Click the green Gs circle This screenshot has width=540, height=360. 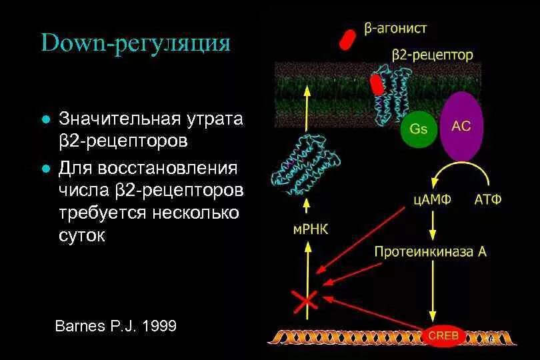pos(419,129)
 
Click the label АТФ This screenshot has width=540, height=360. pos(487,199)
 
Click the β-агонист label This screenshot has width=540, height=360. pos(395,29)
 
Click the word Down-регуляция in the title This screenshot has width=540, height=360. pos(135,45)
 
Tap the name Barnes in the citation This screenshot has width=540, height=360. pos(79,326)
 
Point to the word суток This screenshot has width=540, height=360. pos(82,236)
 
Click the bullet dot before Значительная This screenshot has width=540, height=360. pos(45,121)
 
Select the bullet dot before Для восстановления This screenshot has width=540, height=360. pos(45,167)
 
